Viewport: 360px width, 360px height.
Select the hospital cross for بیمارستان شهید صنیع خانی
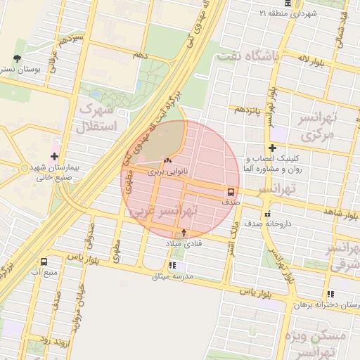[x=54, y=156]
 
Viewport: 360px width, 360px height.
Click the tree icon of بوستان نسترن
[x=18, y=59]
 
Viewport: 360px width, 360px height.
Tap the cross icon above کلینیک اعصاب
[x=272, y=148]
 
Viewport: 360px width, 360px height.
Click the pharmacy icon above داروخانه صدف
[x=267, y=214]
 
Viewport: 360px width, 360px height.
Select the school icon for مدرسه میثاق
[x=174, y=266]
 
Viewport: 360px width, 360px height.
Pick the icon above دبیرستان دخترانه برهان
[x=330, y=295]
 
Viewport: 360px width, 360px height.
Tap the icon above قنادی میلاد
[x=184, y=233]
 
